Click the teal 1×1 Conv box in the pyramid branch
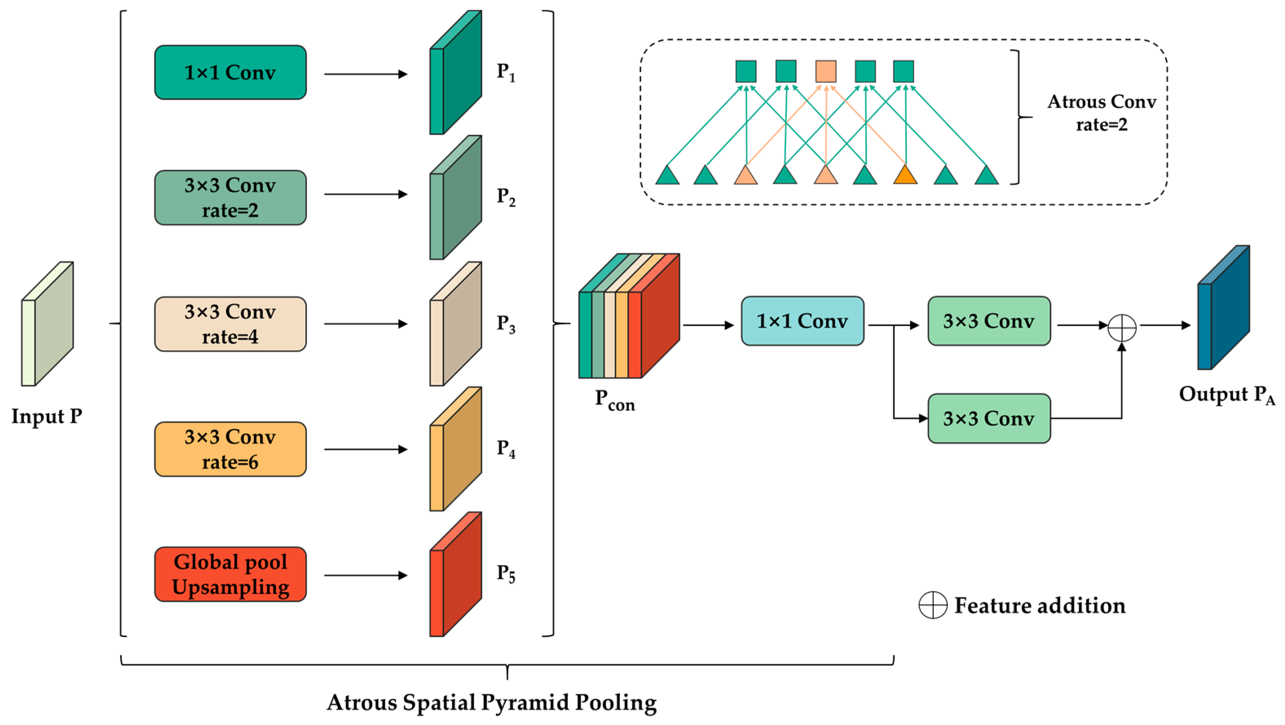(x=230, y=73)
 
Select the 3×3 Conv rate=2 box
(x=230, y=198)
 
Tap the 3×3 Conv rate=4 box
(x=230, y=324)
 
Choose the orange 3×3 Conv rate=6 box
(x=230, y=449)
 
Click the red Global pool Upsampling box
(x=230, y=574)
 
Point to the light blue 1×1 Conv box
(x=802, y=321)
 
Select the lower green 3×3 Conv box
(x=989, y=418)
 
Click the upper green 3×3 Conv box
(x=989, y=321)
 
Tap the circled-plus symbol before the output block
(x=1122, y=328)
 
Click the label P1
(x=505, y=73)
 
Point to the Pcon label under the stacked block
(x=615, y=401)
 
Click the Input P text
(x=47, y=416)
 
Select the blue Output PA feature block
(x=1223, y=308)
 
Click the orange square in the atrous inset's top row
(x=826, y=71)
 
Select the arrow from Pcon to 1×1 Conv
(x=708, y=325)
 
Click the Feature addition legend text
(x=1040, y=605)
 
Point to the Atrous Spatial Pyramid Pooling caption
(x=492, y=702)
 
